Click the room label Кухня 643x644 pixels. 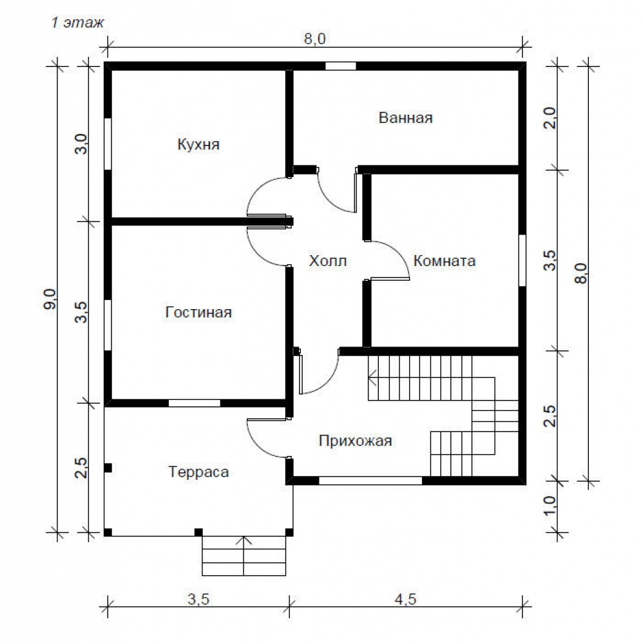click(198, 144)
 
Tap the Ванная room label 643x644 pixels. click(405, 118)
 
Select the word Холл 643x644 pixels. click(327, 261)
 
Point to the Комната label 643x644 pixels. click(445, 261)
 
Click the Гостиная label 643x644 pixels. click(198, 312)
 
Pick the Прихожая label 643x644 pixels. click(356, 440)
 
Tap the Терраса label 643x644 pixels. click(198, 472)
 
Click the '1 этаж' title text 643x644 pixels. click(78, 22)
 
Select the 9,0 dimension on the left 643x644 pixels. click(51, 299)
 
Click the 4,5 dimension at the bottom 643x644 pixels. click(405, 599)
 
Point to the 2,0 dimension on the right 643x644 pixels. click(550, 118)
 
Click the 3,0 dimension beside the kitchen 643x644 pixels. click(81, 144)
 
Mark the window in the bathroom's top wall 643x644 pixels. click(341, 66)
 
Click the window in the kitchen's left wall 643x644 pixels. click(108, 144)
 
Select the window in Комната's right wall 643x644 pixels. click(523, 260)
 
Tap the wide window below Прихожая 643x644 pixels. click(370, 480)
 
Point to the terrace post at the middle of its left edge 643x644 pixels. click(108, 468)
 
